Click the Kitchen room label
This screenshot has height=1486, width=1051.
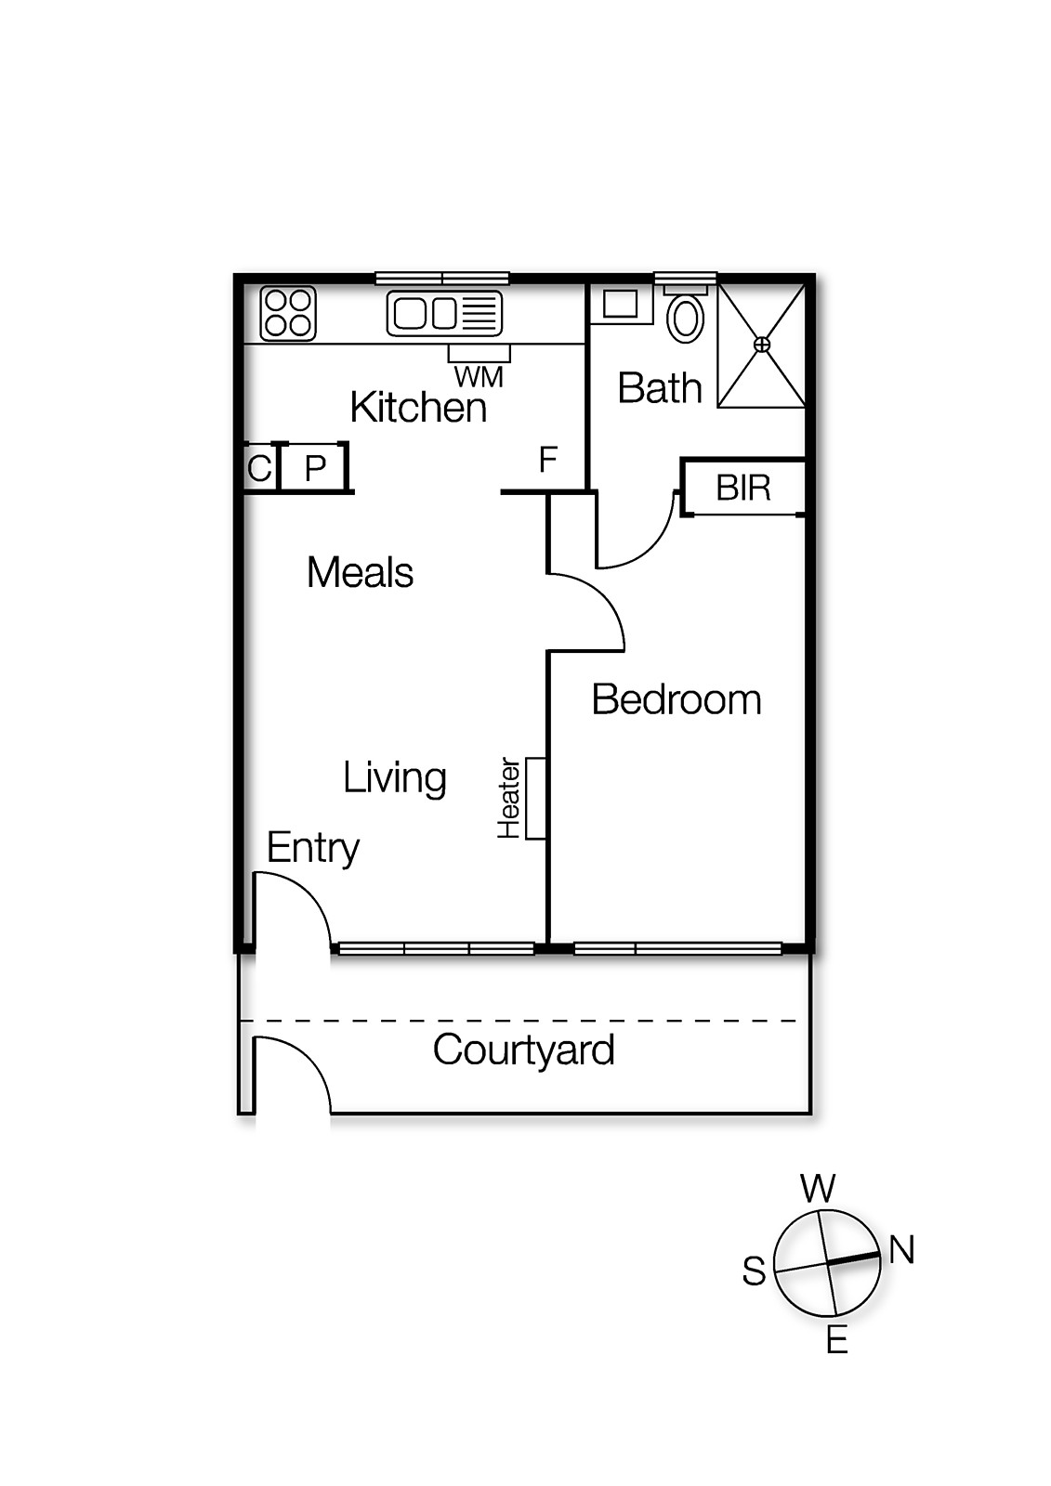(418, 407)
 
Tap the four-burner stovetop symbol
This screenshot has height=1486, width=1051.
(287, 314)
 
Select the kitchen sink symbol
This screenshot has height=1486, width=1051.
(445, 313)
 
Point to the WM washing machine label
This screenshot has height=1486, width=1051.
(479, 377)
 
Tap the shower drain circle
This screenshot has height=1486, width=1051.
(762, 345)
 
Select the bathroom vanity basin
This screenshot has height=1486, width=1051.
(620, 305)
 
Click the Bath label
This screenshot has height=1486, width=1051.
(660, 388)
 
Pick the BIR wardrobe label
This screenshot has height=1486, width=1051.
(743, 489)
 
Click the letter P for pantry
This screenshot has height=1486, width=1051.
(315, 469)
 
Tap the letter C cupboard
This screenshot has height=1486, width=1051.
(259, 468)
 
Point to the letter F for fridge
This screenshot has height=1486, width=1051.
(547, 459)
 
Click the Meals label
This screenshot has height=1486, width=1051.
(361, 572)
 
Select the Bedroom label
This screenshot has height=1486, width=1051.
(677, 699)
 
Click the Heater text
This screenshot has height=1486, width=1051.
(508, 798)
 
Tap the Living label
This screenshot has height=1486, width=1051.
(394, 778)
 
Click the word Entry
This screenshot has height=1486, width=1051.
(313, 850)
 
